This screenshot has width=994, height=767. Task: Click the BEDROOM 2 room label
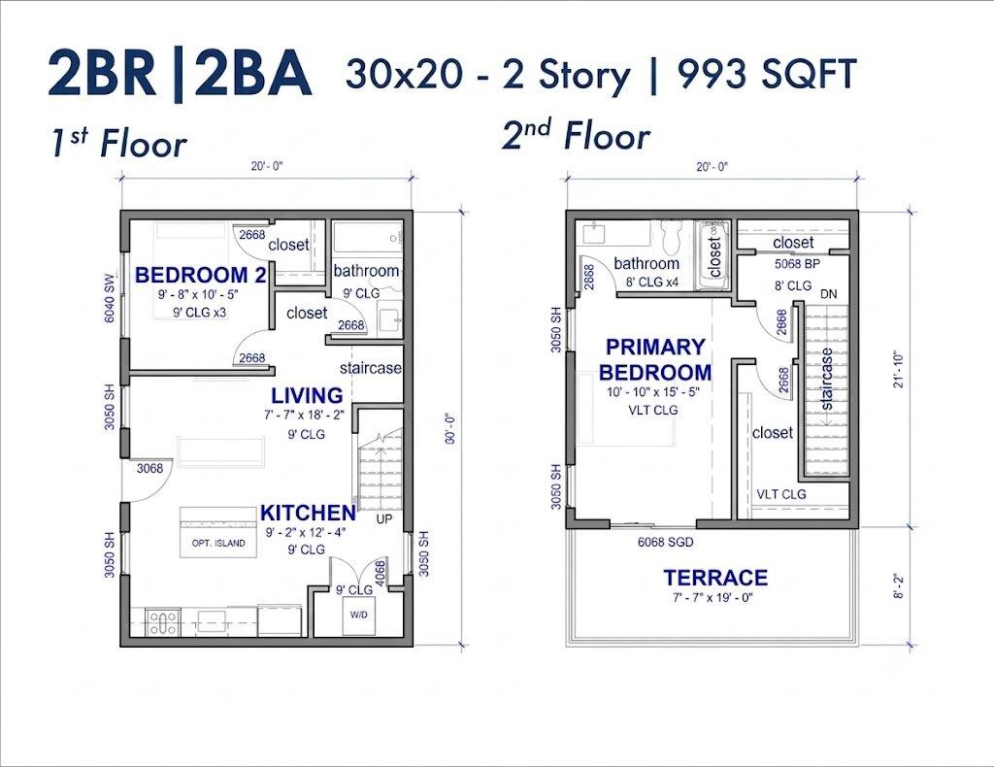[201, 275]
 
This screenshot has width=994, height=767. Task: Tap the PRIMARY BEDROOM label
[655, 359]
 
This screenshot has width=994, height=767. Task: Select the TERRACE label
[715, 578]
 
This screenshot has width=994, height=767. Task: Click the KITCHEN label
[308, 513]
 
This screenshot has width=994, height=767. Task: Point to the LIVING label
[307, 395]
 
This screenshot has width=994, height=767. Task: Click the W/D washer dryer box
[359, 615]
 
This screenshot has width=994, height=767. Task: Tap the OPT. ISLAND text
[218, 544]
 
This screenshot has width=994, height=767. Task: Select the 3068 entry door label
[150, 468]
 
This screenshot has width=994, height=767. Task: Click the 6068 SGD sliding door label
[666, 542]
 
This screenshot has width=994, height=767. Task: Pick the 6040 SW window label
[109, 298]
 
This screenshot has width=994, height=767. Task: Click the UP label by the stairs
[384, 518]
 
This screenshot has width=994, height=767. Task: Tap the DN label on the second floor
[829, 294]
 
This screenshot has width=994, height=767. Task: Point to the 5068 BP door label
[797, 264]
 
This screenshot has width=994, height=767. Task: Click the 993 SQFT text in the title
[767, 75]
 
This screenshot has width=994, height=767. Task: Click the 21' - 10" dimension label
[898, 369]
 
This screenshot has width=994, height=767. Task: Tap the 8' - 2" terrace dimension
[898, 586]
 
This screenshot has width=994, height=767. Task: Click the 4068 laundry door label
[381, 574]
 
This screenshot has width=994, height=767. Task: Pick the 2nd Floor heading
[576, 134]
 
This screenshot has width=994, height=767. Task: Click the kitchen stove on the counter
[163, 621]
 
